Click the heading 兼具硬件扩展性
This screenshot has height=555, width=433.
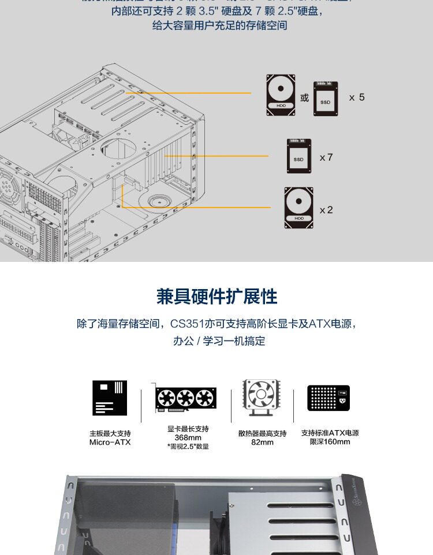point(216,297)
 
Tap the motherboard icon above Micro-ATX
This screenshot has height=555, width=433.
point(110,398)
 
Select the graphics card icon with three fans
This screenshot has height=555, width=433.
point(185,398)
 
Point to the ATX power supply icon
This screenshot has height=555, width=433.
point(329,398)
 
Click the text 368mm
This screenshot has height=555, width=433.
point(188,438)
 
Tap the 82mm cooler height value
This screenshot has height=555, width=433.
point(262,442)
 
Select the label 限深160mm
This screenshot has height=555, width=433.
point(330,442)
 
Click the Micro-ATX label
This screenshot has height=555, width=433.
point(110,442)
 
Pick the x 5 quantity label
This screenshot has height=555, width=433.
point(357,97)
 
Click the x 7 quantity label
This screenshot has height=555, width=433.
point(326,157)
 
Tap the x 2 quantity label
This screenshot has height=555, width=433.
point(326,210)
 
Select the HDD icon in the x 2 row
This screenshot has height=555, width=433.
point(298,208)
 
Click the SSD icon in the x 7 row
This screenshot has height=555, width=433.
point(298,156)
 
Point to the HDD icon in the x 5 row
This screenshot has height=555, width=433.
point(281,95)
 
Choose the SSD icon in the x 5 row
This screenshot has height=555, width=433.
point(326,98)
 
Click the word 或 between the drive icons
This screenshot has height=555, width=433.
point(305,98)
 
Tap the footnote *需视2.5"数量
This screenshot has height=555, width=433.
point(188,446)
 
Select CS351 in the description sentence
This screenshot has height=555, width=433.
point(186,324)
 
